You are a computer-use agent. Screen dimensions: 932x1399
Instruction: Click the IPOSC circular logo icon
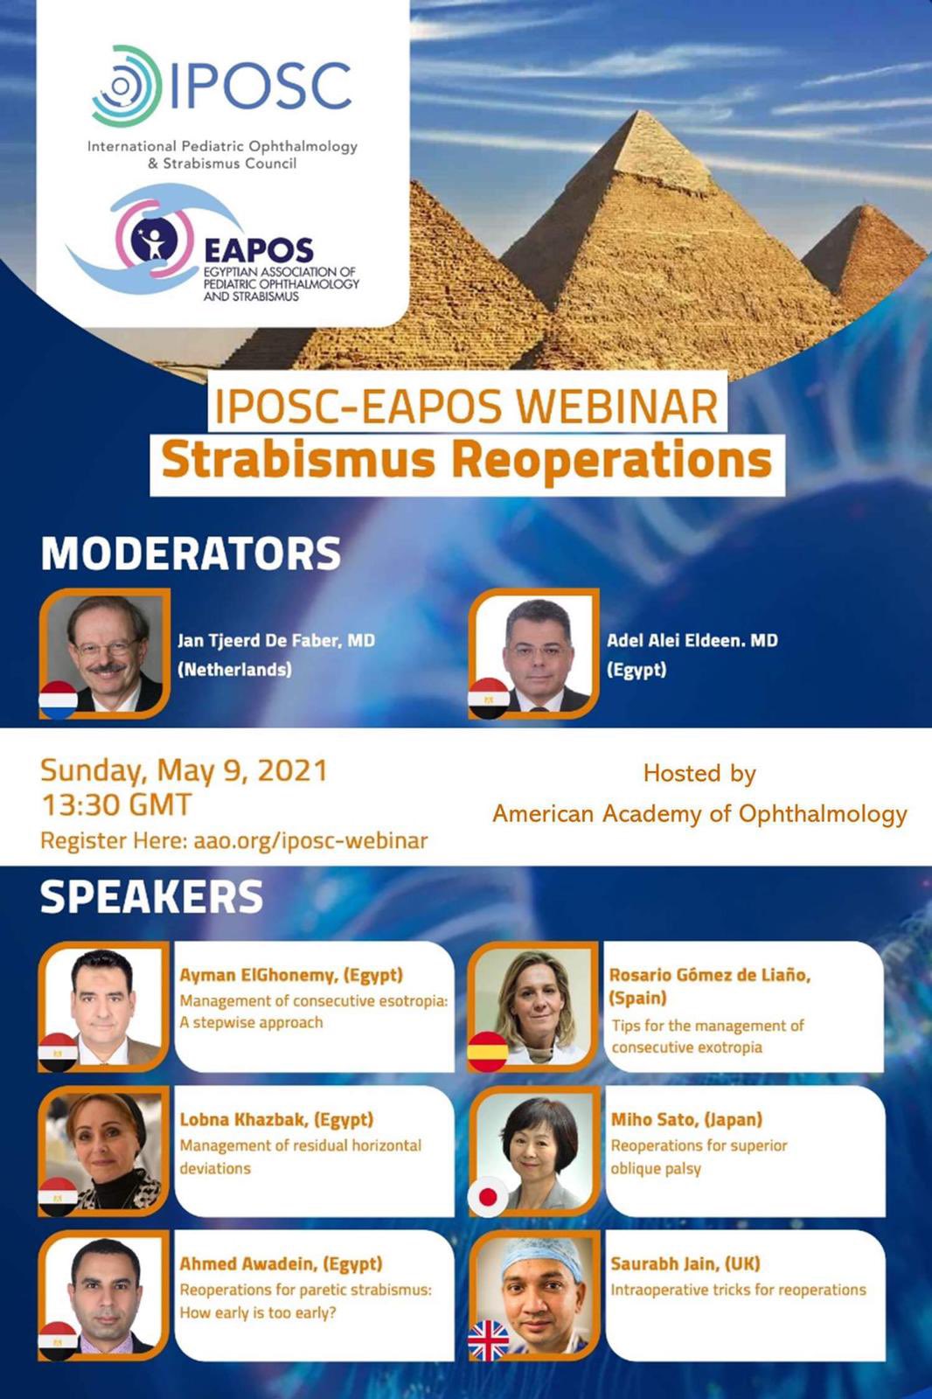tap(127, 86)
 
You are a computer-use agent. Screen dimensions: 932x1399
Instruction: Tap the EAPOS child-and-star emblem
tap(154, 240)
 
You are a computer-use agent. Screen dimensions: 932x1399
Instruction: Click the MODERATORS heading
tap(191, 553)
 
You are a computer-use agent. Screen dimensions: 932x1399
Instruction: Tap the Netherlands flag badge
tap(58, 699)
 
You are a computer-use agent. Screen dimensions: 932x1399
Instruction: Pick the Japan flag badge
tap(488, 1197)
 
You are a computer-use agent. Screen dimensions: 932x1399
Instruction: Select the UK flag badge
tap(489, 1340)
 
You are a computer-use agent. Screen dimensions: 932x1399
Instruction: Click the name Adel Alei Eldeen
tap(672, 640)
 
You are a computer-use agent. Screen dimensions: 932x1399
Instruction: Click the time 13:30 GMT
tap(116, 804)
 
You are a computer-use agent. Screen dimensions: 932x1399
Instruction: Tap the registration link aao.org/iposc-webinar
tap(310, 840)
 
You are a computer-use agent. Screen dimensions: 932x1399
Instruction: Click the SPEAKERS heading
tap(151, 897)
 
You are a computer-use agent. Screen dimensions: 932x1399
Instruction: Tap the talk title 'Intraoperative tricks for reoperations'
tap(739, 1290)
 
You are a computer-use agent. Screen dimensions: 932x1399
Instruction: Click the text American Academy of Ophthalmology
tap(699, 814)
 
